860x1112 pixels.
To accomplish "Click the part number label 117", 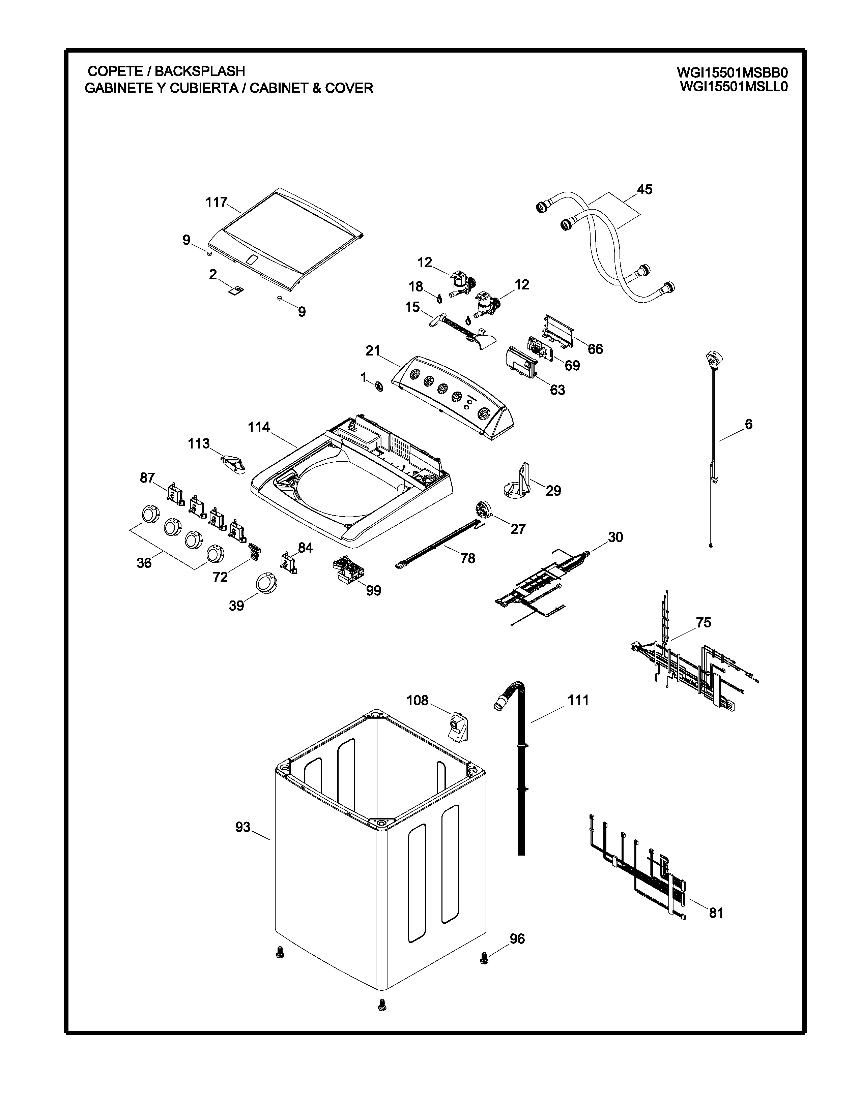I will (x=216, y=202).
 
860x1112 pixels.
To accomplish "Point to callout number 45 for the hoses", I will (x=644, y=189).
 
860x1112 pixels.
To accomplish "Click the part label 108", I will (x=417, y=701).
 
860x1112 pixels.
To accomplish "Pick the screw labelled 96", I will (x=484, y=959).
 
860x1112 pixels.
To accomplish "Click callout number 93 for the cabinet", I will (x=243, y=827).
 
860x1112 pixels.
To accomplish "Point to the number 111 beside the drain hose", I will (x=578, y=700).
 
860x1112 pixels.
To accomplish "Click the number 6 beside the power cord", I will (x=748, y=424).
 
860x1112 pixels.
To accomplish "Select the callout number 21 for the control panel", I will (x=373, y=351).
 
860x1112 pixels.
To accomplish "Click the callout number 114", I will (x=259, y=427).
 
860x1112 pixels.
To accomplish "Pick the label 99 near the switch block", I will (x=373, y=591).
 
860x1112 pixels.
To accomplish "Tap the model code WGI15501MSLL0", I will (x=734, y=87).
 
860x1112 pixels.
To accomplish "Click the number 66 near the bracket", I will (x=595, y=349).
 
